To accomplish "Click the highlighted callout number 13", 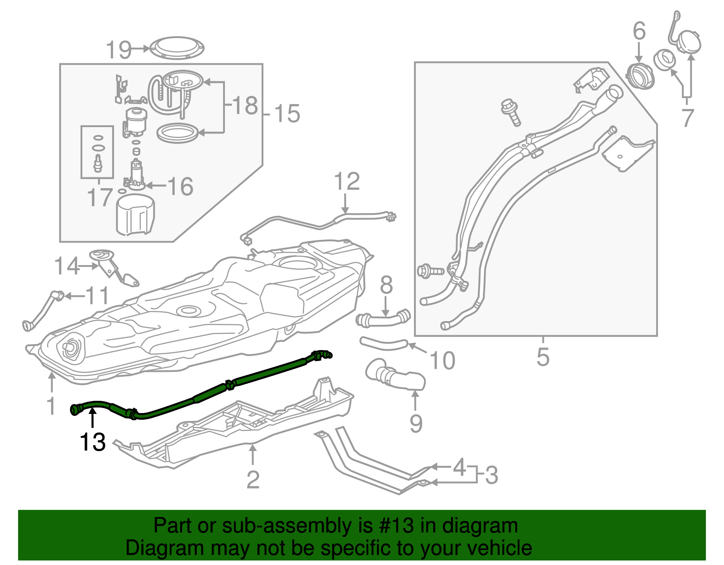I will pos(92,442).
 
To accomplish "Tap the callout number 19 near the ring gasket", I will pos(119,49).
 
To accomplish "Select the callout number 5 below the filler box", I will pos(543,357).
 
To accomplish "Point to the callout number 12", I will pos(347,181).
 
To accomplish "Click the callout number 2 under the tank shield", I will pos(253,479).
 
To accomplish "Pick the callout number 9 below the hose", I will pos(416,423).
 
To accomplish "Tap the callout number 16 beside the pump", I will pos(180,186).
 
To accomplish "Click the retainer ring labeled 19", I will pos(177,47).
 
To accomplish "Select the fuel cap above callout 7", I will pos(690,42).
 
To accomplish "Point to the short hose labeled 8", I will pos(383,319).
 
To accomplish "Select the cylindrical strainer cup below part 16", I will pos(135,215).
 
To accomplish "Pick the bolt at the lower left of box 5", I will pos(429,271).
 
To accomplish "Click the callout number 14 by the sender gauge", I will pos(67,266).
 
